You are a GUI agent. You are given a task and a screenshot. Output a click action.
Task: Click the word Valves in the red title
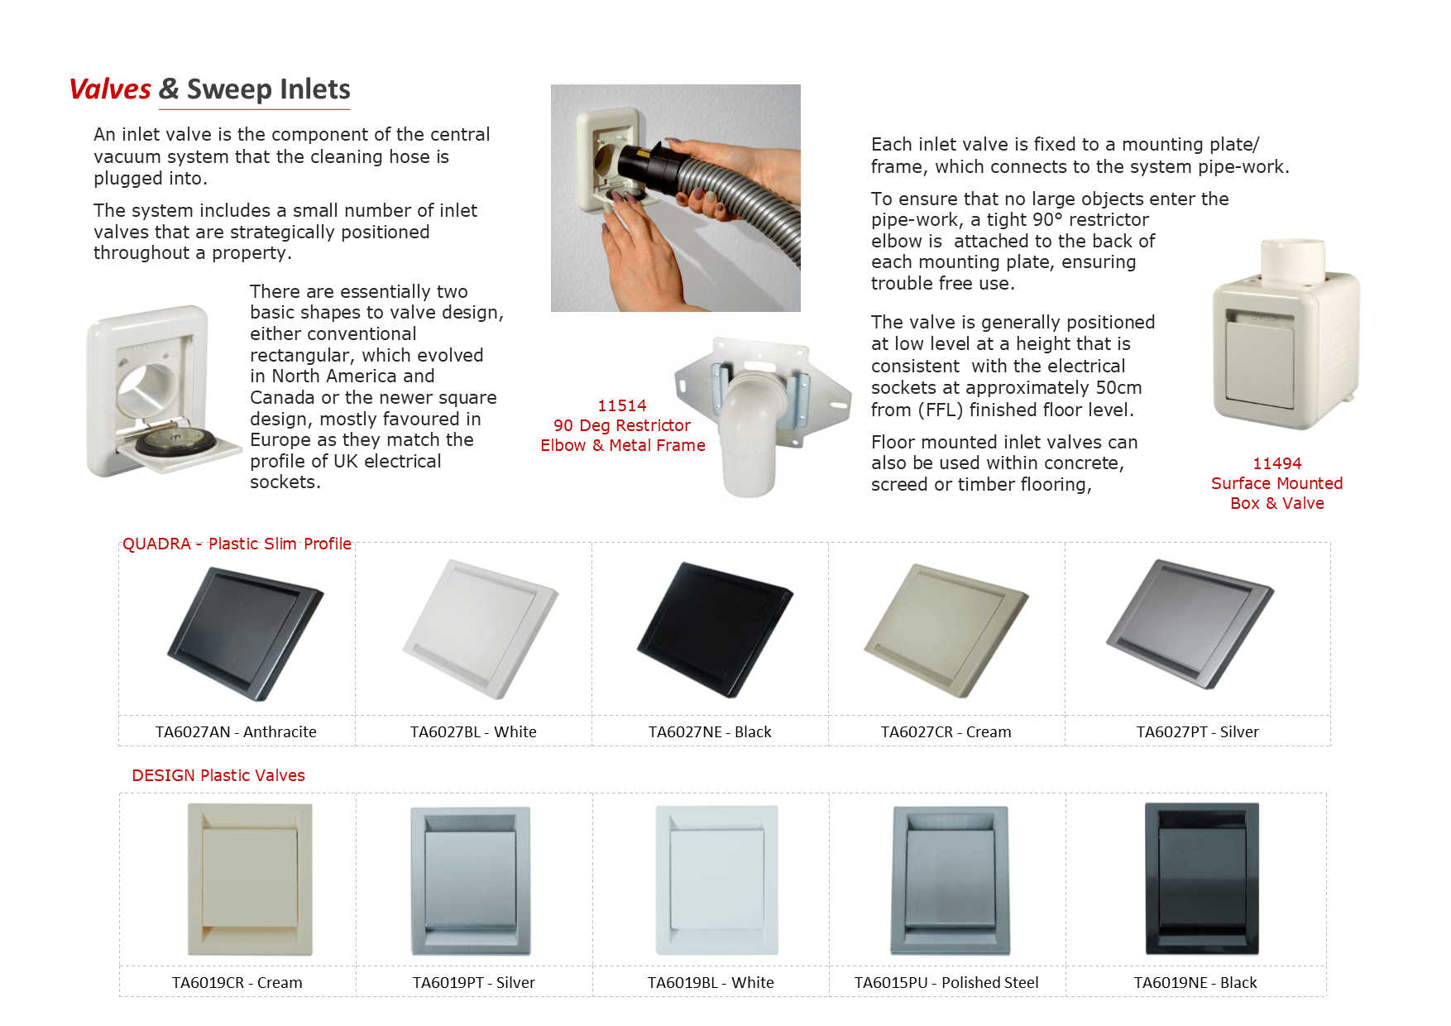(110, 89)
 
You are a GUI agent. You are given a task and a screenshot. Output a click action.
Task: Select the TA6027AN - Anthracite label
(236, 731)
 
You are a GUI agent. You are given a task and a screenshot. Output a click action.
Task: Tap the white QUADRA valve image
(481, 629)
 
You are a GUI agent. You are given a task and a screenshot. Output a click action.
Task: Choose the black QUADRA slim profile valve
(715, 629)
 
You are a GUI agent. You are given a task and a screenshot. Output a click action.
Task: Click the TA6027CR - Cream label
(946, 731)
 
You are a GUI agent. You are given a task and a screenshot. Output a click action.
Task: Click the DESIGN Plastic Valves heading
(218, 775)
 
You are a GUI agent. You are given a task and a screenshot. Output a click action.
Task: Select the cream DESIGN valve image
(250, 879)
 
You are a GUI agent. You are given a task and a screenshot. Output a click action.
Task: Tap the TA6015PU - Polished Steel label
(946, 982)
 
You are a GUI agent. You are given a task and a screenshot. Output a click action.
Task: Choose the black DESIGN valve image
(1201, 879)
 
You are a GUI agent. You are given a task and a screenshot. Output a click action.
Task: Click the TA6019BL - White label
(711, 982)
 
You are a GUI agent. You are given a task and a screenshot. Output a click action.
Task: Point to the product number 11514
(622, 405)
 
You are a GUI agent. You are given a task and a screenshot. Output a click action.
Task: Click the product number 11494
(1276, 463)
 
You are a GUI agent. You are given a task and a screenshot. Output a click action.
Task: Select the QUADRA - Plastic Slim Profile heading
(237, 544)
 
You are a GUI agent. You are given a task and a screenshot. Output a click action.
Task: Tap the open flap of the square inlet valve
(178, 448)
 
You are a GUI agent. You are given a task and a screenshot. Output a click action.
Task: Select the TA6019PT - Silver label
(473, 982)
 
